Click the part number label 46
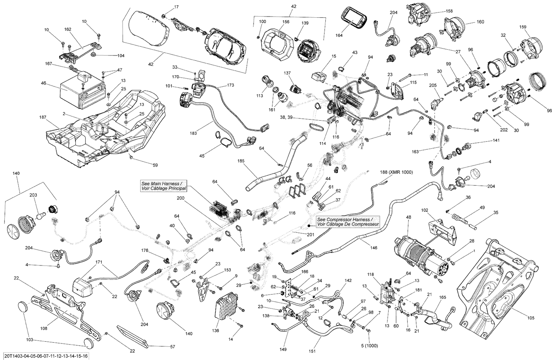coord(43,83)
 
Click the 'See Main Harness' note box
coord(164,186)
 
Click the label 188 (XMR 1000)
coord(396,172)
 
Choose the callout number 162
coord(68,29)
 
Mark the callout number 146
coord(374,248)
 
